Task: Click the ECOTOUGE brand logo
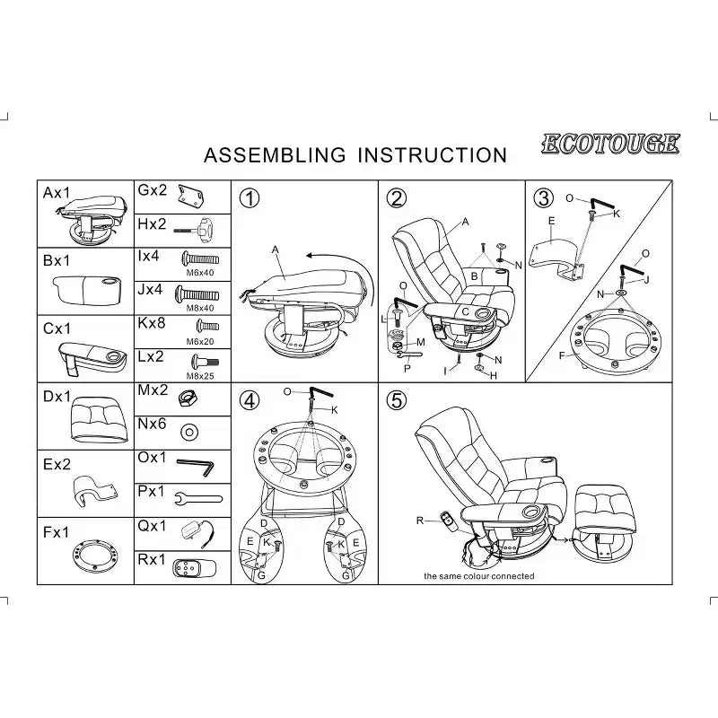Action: (610, 144)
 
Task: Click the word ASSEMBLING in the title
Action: (275, 155)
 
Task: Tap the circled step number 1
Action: (250, 198)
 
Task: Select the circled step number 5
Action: (397, 400)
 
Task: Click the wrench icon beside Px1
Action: (198, 499)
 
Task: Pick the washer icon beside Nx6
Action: (189, 432)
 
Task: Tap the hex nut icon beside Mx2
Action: (188, 398)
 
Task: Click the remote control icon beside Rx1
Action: (194, 568)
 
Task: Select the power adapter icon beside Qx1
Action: (198, 534)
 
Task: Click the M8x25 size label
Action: (200, 376)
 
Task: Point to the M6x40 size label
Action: (200, 273)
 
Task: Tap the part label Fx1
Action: (56, 532)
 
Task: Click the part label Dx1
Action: (57, 397)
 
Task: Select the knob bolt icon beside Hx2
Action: (194, 229)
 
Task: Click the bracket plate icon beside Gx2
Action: (191, 196)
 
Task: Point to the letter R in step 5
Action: (420, 521)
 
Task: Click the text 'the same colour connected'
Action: (479, 576)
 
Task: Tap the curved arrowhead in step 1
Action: (311, 255)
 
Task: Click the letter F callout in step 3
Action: (562, 355)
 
